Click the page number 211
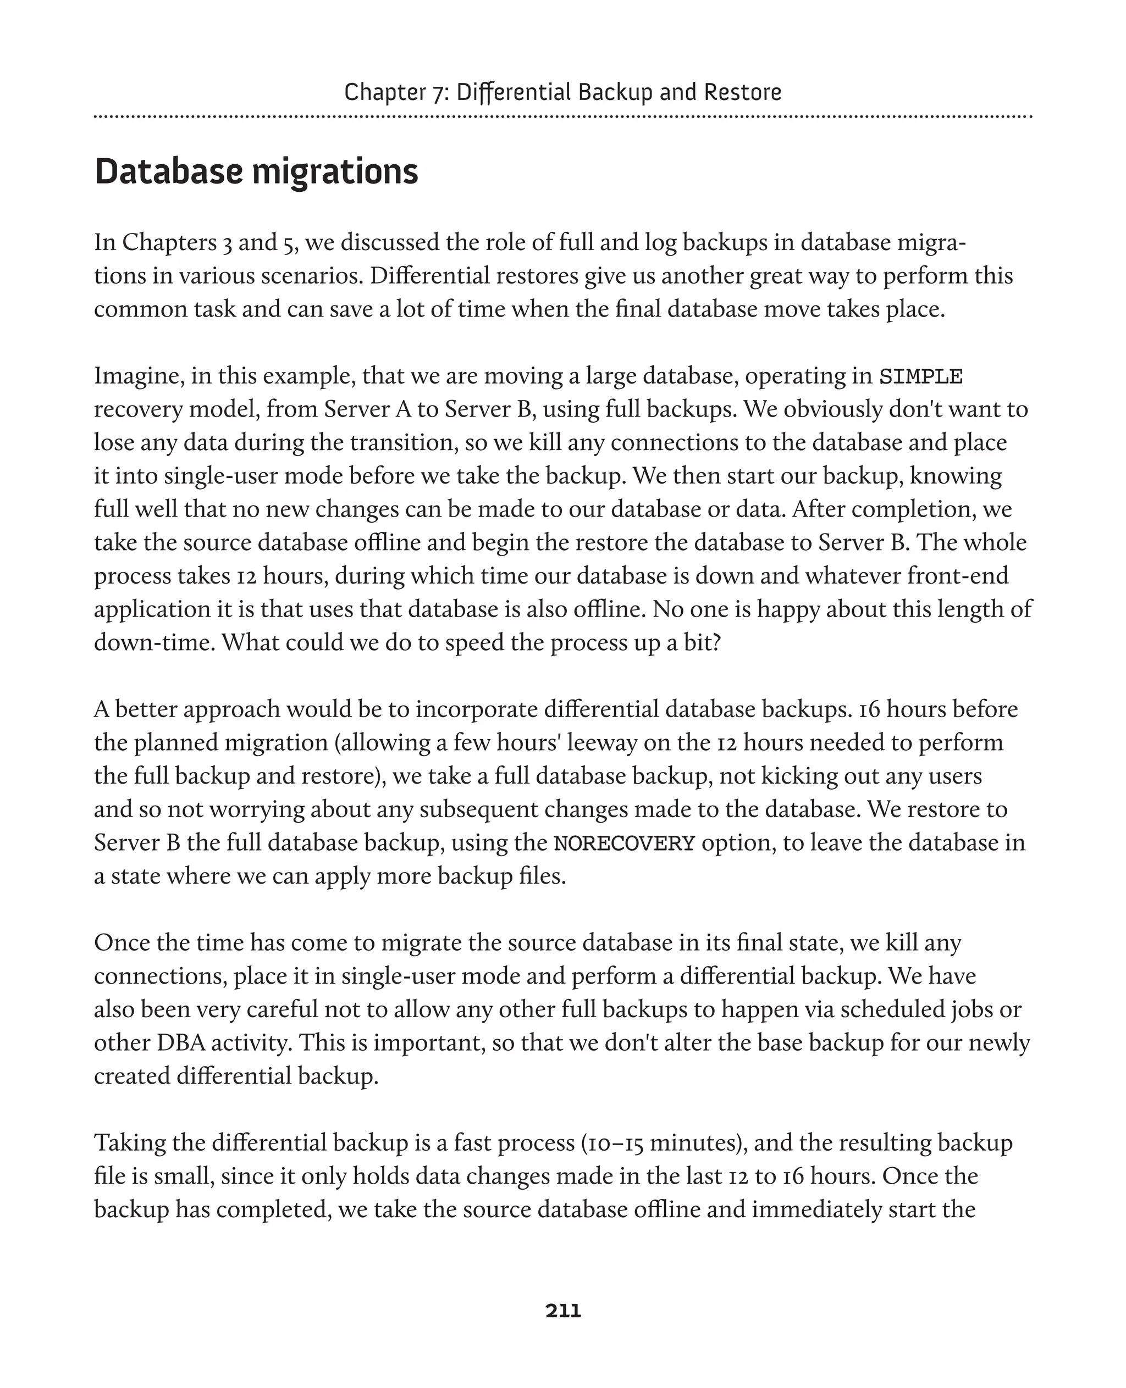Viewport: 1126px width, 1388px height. click(563, 1311)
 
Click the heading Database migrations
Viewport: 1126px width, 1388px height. click(256, 172)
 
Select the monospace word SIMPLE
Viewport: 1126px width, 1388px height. click(920, 376)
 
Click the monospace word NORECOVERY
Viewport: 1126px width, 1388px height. click(624, 843)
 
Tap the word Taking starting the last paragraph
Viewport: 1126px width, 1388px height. click(130, 1143)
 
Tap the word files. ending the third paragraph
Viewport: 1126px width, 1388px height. click(542, 876)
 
